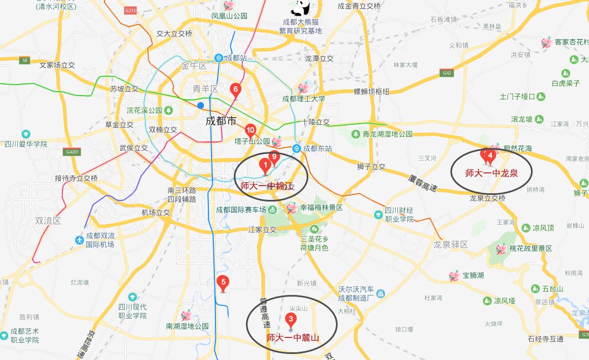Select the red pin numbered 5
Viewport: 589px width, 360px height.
click(223, 284)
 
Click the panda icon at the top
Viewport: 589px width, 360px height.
click(301, 8)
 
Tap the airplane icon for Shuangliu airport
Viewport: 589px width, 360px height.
click(81, 240)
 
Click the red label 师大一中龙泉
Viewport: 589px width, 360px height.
click(491, 173)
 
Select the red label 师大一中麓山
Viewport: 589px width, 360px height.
click(293, 337)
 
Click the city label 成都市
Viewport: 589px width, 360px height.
click(220, 120)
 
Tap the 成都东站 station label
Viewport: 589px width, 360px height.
click(317, 149)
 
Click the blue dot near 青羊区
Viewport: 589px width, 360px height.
click(201, 105)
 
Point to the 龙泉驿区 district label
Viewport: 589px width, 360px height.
click(450, 244)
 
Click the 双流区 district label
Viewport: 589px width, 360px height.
click(47, 220)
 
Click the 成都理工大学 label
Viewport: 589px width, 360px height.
click(303, 99)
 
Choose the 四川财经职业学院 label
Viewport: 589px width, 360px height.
click(399, 214)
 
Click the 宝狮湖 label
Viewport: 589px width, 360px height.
click(473, 275)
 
